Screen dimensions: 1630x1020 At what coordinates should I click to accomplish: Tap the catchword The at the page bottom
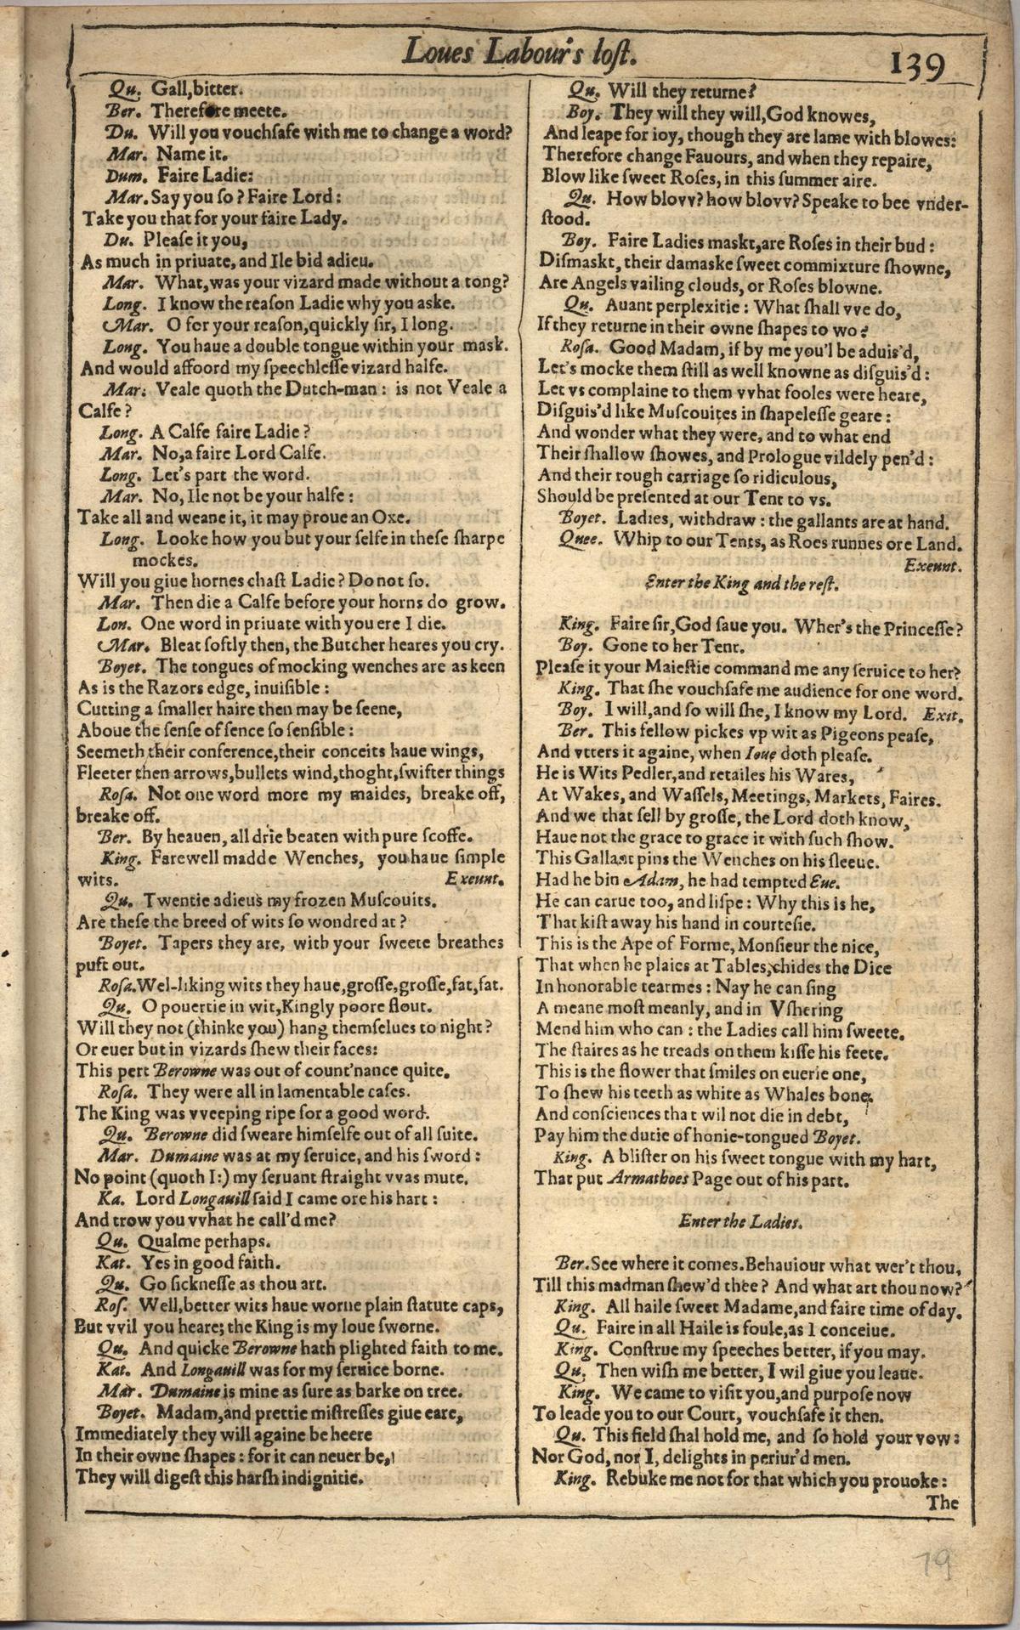[x=942, y=1502]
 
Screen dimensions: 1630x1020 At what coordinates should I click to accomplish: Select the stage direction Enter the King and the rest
[x=741, y=584]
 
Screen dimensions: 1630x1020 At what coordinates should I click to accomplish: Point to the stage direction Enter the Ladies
[x=741, y=1221]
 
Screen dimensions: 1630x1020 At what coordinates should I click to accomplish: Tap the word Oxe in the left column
[x=394, y=517]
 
